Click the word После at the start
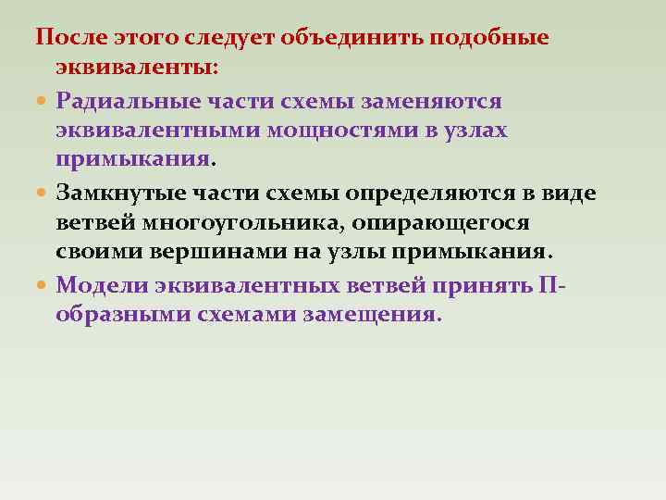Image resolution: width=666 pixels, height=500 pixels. tap(71, 38)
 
